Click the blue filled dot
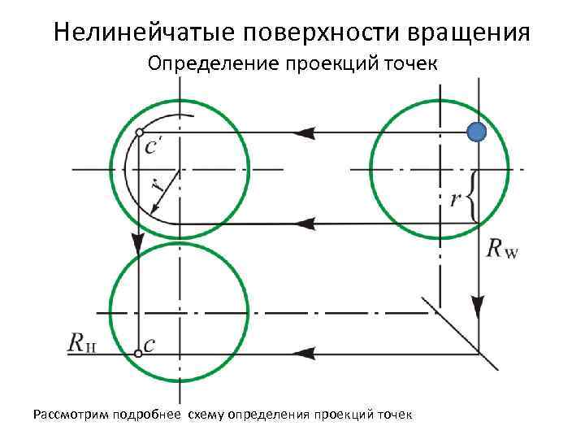tap(477, 133)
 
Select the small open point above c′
tap(140, 132)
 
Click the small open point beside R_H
tap(136, 353)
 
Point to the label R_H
tap(84, 345)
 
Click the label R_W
tap(501, 249)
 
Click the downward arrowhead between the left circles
tap(139, 241)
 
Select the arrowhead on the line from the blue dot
tap(304, 132)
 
